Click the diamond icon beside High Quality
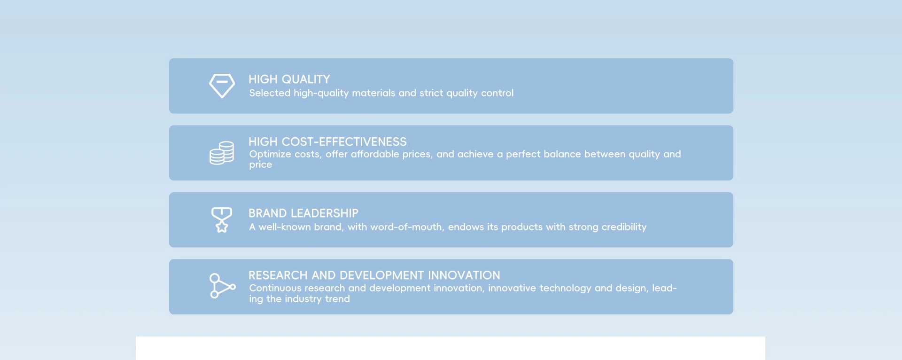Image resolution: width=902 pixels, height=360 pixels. pos(222,86)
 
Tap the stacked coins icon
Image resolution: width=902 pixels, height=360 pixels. pos(222,153)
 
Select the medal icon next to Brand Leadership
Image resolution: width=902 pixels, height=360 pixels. pos(222,220)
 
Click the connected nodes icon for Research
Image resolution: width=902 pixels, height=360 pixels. pos(222,286)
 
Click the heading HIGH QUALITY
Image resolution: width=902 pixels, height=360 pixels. pos(289,79)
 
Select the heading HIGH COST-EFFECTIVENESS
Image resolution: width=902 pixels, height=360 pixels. pos(327,142)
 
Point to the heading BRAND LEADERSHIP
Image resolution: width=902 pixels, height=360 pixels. pos(303,213)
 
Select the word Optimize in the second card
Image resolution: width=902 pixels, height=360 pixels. pos(270,155)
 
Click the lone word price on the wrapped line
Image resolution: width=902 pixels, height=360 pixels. pos(261,165)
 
